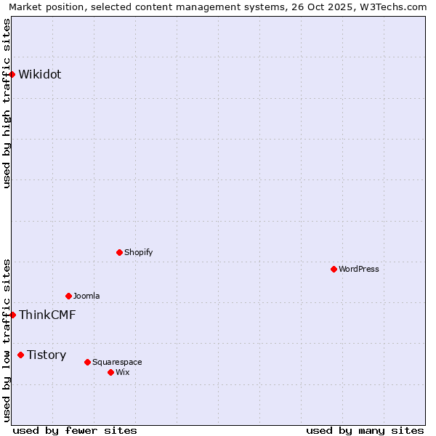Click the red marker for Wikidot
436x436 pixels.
click(12, 74)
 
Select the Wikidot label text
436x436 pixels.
click(40, 74)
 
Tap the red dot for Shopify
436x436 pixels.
click(120, 252)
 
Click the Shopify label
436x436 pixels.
click(138, 252)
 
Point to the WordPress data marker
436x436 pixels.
click(334, 269)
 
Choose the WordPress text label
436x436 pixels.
click(358, 269)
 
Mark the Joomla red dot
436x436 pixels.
click(69, 296)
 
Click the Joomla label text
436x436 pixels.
click(86, 296)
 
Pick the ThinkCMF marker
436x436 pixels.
click(12, 315)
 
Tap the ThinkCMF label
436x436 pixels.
click(47, 315)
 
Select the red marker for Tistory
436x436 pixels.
click(21, 355)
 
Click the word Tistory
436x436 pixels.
click(47, 355)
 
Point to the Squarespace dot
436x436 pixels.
click(88, 362)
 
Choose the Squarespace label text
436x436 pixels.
click(117, 362)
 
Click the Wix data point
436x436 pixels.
click(111, 372)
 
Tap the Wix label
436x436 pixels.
click(122, 372)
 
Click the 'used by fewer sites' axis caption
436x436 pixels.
click(75, 430)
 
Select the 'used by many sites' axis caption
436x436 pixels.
click(365, 430)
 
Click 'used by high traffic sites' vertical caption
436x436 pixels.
click(7, 104)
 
